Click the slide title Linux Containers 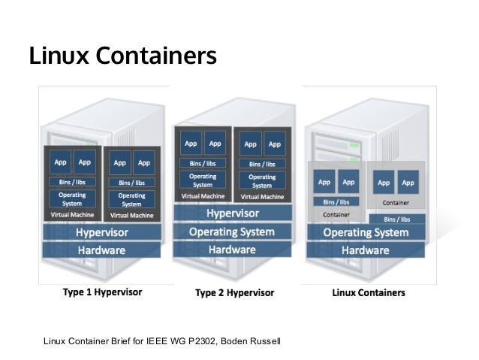(x=122, y=56)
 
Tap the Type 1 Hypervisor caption (x=102, y=292)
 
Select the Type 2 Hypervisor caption (x=234, y=292)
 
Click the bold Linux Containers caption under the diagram (x=369, y=292)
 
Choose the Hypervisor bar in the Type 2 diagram (x=232, y=213)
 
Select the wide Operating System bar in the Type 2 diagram (x=232, y=231)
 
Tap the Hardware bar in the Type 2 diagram (x=232, y=250)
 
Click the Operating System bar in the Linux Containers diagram (x=365, y=232)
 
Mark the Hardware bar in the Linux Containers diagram (x=365, y=250)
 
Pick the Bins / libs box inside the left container (x=336, y=201)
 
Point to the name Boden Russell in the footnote (x=253, y=343)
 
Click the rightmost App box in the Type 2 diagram (x=275, y=143)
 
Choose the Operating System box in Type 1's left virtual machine (x=72, y=199)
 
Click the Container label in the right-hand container (x=396, y=202)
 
